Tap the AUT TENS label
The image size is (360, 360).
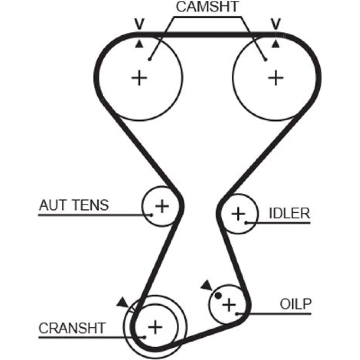[x=73, y=205]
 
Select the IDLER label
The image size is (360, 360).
[x=289, y=213]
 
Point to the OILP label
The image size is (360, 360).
[x=296, y=304]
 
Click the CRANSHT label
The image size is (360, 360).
[x=72, y=328]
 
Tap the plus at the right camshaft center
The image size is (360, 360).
[x=276, y=78]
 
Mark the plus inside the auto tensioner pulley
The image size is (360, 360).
[x=162, y=206]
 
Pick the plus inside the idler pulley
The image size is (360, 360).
[x=238, y=214]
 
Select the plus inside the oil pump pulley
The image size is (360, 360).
[x=228, y=305]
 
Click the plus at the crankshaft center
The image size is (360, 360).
[x=155, y=327]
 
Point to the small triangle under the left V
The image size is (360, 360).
[x=139, y=44]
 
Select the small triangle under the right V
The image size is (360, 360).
[x=276, y=44]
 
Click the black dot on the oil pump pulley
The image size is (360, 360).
[x=218, y=296]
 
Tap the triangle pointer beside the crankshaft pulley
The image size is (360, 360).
[x=123, y=302]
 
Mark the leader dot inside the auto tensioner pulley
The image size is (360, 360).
[x=152, y=215]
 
